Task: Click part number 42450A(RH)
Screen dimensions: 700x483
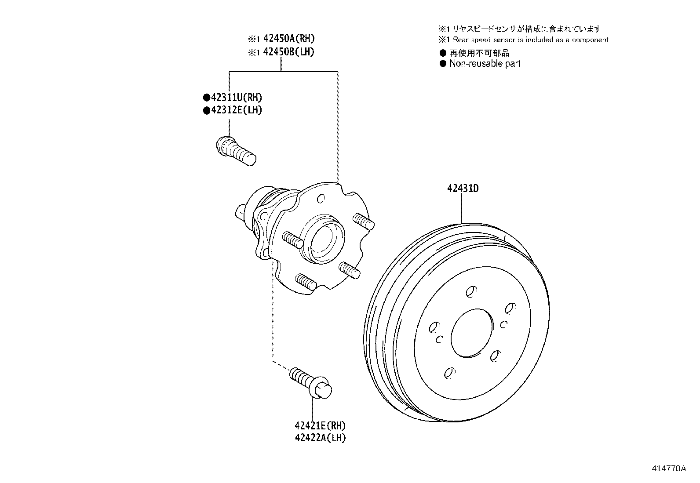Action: tap(289, 38)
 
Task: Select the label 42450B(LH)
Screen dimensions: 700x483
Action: tap(289, 51)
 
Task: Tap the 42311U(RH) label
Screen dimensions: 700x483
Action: tap(237, 98)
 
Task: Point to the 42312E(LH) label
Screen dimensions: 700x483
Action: tap(237, 110)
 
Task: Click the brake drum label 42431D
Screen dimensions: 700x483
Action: tap(463, 189)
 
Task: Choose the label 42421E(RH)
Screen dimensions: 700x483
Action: tap(320, 425)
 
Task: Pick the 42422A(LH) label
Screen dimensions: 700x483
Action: tap(320, 438)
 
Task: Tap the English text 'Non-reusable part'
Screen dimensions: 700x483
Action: tap(485, 63)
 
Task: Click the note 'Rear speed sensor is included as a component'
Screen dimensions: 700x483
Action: tap(531, 40)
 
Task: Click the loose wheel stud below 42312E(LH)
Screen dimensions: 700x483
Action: tap(236, 151)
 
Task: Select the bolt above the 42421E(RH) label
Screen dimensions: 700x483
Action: tap(310, 383)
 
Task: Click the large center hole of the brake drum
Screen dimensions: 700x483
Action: tap(472, 333)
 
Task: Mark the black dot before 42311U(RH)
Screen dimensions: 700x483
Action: tap(207, 98)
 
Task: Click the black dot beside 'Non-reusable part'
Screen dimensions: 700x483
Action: tap(443, 64)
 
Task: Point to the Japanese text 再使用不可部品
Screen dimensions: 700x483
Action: tap(479, 53)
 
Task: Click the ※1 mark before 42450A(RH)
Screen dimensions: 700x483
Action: tap(254, 39)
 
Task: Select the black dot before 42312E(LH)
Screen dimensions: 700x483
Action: tap(207, 110)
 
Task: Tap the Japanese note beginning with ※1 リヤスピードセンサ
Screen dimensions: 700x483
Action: tap(520, 29)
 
